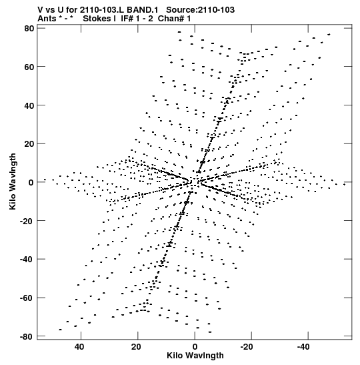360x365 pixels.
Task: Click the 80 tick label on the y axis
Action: tap(29, 28)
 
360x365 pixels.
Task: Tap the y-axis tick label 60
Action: tap(29, 67)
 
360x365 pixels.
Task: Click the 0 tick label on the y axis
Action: tap(31, 182)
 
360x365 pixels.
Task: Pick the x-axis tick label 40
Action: tap(79, 346)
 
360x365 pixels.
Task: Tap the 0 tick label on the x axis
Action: tap(195, 346)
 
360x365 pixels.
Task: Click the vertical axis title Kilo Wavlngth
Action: tap(13, 181)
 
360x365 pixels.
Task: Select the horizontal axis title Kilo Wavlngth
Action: tap(195, 356)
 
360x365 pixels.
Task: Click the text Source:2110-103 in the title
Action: tap(200, 10)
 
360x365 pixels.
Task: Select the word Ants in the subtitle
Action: tap(47, 19)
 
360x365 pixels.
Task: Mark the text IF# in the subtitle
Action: tap(127, 19)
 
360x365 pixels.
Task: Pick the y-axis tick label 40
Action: tap(29, 105)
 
